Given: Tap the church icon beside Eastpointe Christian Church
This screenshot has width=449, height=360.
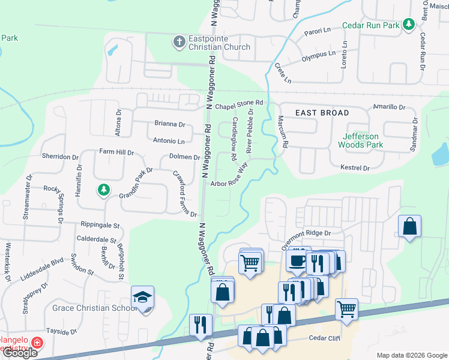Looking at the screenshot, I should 178,42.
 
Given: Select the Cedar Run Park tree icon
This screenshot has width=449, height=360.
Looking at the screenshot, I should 409,24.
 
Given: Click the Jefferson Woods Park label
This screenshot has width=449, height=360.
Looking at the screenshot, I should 360,140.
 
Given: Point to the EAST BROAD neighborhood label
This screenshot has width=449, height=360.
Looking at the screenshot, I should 322,113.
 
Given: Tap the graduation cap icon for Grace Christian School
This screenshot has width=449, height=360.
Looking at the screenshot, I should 143,297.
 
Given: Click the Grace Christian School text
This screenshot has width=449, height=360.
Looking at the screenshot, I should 95,308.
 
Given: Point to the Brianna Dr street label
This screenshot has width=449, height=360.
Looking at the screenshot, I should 169,124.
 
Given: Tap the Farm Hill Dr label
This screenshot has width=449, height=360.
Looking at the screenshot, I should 116,152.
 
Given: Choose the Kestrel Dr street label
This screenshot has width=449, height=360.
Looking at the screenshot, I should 354,168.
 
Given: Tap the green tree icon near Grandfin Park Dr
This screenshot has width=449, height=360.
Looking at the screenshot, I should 104,190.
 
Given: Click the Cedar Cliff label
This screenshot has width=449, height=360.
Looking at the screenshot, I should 325,338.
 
